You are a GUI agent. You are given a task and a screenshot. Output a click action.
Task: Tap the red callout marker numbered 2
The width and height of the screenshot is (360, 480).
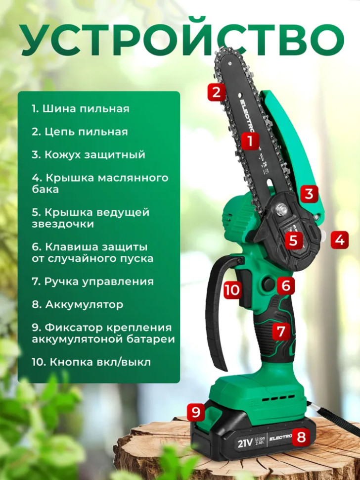216,92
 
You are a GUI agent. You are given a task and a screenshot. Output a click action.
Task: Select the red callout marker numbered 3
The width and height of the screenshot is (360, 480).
309,193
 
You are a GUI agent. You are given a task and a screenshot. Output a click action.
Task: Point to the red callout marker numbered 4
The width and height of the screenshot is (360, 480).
339,240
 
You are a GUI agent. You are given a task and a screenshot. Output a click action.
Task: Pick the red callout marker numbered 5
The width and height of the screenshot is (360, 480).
293,240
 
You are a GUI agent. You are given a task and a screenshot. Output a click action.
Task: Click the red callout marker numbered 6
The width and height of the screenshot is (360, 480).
286,285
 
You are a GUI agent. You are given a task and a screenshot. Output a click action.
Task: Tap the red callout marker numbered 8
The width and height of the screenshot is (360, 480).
301,436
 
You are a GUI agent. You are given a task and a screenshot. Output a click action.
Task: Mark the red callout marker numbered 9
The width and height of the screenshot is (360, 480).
196,411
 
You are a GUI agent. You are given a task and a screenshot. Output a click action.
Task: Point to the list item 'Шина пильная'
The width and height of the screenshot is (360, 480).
81,108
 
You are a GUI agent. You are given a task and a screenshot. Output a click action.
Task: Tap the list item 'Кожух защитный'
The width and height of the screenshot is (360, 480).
89,154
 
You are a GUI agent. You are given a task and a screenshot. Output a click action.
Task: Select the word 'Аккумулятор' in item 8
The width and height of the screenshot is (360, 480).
84,304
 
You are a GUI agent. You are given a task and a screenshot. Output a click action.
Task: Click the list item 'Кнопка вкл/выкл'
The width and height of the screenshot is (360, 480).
92,362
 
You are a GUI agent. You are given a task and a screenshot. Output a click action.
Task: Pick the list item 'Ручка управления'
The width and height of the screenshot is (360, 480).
92,281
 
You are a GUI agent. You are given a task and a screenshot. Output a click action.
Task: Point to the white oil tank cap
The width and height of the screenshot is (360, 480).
324,236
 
